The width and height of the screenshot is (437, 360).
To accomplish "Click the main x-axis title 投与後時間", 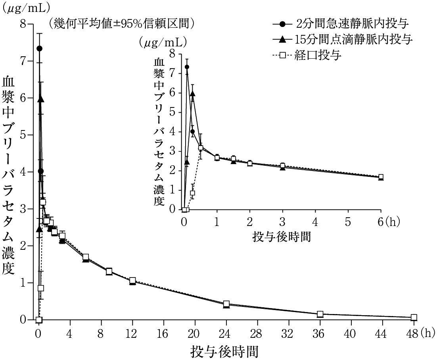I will [x=225, y=351].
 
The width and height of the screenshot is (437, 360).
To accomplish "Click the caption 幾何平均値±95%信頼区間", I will [x=121, y=24].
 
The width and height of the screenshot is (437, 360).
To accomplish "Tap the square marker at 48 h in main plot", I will [x=414, y=317].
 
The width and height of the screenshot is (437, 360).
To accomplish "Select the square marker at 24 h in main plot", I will [x=226, y=304].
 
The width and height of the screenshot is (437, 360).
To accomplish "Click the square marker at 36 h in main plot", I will [x=320, y=314].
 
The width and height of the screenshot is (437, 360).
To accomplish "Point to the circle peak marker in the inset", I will [x=187, y=67].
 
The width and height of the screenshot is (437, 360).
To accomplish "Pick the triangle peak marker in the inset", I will [x=193, y=94].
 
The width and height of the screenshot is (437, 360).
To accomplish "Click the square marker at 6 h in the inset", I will [x=381, y=177].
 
